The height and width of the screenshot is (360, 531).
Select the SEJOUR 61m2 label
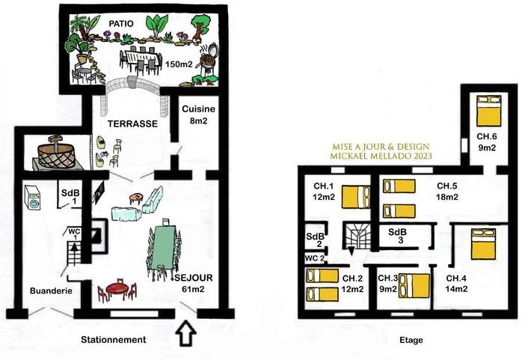(193, 284)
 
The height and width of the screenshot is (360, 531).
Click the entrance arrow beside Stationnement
(185, 332)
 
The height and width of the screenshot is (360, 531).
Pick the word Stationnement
(112, 340)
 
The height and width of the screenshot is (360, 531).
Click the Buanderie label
(51, 291)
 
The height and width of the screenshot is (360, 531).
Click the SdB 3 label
(397, 237)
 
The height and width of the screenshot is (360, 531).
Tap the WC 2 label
(314, 258)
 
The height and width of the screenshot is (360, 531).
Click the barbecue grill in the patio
(210, 56)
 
